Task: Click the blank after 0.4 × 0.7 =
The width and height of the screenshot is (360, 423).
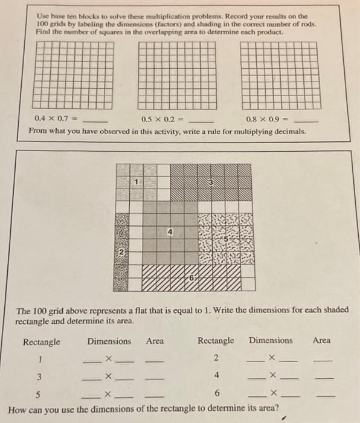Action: [x=100, y=120]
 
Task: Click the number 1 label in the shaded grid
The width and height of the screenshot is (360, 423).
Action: [x=137, y=181]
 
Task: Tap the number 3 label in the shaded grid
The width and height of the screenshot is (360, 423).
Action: [x=211, y=182]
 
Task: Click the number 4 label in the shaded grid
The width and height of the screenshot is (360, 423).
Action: [x=171, y=231]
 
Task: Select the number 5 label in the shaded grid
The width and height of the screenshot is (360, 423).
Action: [x=226, y=239]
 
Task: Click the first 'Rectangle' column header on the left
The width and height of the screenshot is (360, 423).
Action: [x=42, y=342]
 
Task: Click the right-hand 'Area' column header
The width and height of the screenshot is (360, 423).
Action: [x=321, y=341]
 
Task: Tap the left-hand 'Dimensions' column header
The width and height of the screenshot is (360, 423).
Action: [x=109, y=341]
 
